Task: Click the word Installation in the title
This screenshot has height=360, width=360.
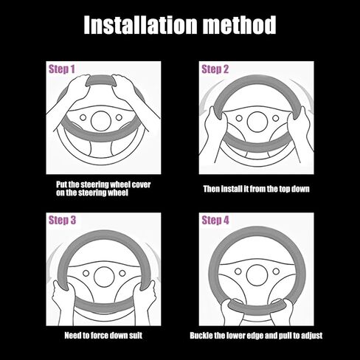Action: pos(140,25)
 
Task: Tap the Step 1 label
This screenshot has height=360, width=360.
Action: pos(62,69)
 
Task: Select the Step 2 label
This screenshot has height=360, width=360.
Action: pos(215,69)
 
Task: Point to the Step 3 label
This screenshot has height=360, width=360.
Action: pos(62,220)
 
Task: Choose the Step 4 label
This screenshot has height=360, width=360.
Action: pos(215,220)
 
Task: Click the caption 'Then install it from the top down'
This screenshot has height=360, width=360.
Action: pos(256,189)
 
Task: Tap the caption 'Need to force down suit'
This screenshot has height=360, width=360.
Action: pos(103,336)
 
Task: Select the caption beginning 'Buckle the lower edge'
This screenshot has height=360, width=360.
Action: pos(256,336)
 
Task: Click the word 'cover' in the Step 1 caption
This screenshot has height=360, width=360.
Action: pos(141,184)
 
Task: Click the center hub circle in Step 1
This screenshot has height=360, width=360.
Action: pos(101,121)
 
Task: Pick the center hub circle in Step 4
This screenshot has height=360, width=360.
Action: pos(257,275)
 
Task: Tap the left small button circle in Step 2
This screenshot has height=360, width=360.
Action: pos(239,118)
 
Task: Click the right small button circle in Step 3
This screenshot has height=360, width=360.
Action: pos(122,273)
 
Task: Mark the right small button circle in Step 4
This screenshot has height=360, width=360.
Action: pos(276,271)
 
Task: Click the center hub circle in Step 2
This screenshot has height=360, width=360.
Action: pos(257,122)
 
